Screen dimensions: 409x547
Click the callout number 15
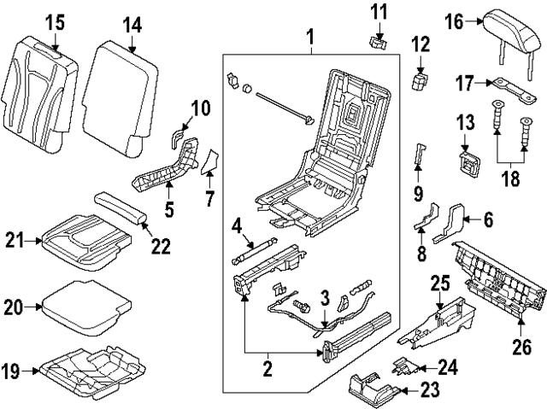(55, 20)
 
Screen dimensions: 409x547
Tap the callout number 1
(309, 37)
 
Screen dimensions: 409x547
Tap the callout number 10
(199, 108)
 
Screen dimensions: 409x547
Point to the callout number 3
(325, 296)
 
